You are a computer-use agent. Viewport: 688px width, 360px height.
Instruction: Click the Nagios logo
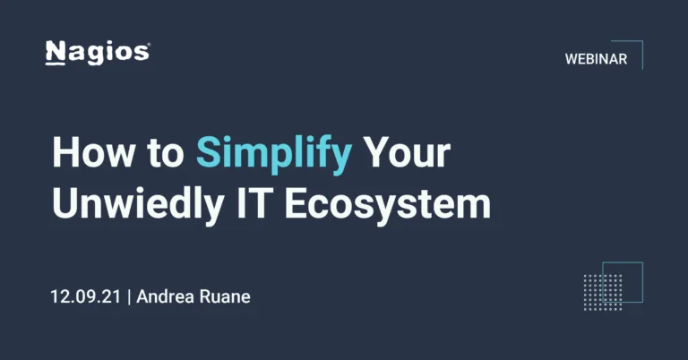pos(97,53)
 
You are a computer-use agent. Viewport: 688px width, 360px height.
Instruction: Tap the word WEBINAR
pos(595,59)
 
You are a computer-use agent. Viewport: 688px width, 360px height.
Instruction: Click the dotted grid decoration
pos(602,292)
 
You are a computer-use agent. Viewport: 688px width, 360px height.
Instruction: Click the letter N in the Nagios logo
pos(56,53)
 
